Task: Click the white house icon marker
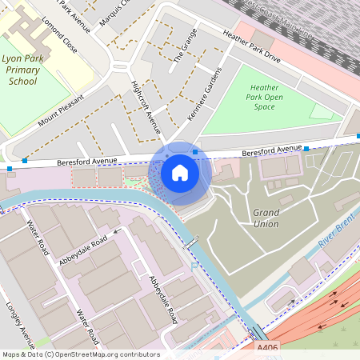pyautogui.click(x=180, y=173)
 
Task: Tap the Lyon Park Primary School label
pyautogui.click(x=23, y=70)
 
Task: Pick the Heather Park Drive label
pyautogui.click(x=252, y=47)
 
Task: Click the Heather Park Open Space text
pyautogui.click(x=264, y=97)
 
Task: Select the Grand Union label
pyautogui.click(x=266, y=218)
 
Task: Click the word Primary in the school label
pyautogui.click(x=23, y=70)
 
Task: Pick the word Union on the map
pyautogui.click(x=266, y=224)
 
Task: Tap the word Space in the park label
pyautogui.click(x=264, y=107)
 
